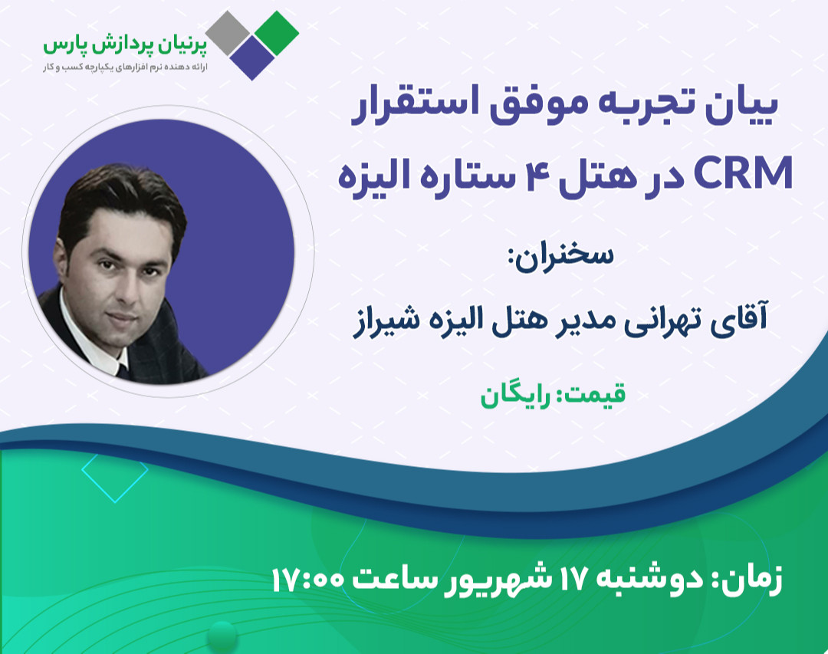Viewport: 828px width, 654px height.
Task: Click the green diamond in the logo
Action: click(x=278, y=31)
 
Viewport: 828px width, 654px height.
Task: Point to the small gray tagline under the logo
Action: click(x=131, y=67)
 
